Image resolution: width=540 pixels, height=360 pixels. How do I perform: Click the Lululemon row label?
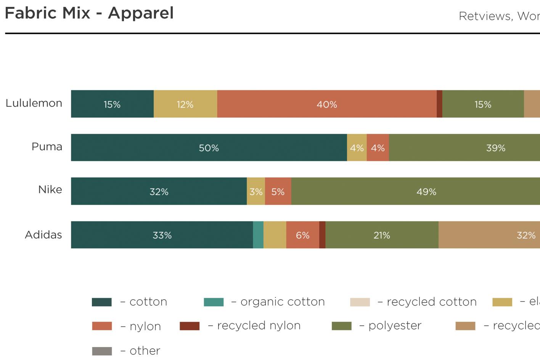pos(34,103)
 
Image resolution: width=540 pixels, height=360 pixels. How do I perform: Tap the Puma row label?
pos(47,147)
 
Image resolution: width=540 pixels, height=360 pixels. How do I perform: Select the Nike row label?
pos(50,190)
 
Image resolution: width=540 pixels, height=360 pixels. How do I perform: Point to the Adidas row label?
pos(43,235)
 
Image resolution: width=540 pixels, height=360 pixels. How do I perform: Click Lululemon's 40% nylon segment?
pos(327,104)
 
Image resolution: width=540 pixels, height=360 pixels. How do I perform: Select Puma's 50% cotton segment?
pos(209,148)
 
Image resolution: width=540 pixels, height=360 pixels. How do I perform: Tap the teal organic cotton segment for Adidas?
pos(258,235)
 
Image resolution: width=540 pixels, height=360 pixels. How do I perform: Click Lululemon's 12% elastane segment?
pos(185,104)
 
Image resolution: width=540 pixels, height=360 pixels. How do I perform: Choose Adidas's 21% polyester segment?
pos(382,235)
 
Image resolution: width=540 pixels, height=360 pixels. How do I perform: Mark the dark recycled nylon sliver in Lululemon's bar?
pos(439,104)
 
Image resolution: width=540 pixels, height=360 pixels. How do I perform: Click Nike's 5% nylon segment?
pos(278,191)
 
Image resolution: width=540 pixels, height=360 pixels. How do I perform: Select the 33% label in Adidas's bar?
pos(162,235)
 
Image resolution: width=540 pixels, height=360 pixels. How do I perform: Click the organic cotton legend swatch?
pos(214,302)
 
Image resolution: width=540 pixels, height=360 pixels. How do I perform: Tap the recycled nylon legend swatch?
pos(190,326)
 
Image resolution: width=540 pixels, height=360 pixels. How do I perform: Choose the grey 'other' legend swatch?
pos(102,351)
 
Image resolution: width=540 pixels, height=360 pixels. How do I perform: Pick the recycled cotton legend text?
pos(432,302)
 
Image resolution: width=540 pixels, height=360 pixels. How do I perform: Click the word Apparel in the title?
pos(141,13)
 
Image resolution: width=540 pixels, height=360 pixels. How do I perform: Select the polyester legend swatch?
pos(342,326)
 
